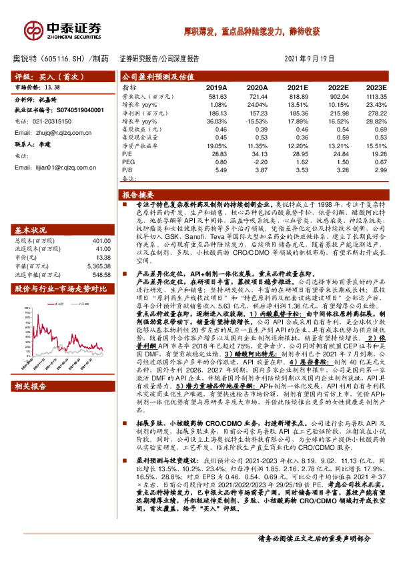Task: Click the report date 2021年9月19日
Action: [310, 59]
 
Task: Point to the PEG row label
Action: [129, 161]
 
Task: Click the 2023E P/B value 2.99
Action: [378, 169]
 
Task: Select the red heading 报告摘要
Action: [137, 194]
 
